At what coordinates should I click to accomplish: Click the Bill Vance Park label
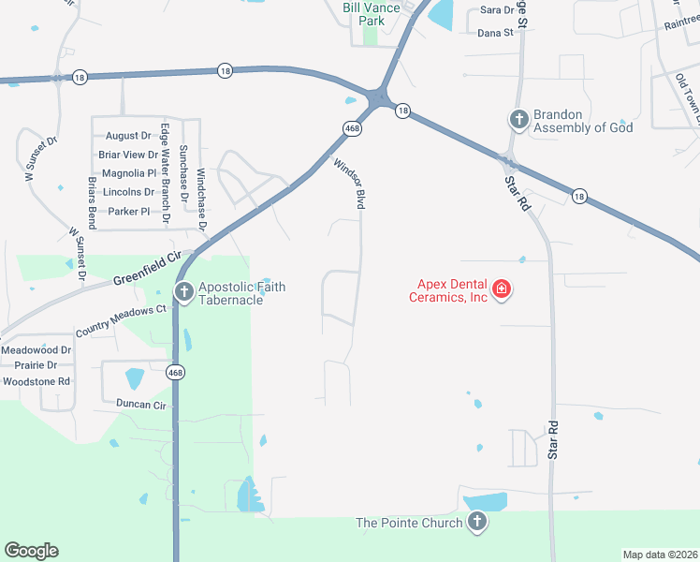pos(372,14)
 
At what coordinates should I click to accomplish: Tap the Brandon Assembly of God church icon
pos(518,119)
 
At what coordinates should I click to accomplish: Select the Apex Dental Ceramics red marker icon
pos(502,288)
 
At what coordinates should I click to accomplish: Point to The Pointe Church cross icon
pos(477,521)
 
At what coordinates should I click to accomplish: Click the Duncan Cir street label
pos(140,405)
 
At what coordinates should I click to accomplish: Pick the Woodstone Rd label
pos(36,381)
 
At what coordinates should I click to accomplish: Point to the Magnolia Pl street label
pos(128,173)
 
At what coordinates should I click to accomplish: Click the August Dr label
pos(128,136)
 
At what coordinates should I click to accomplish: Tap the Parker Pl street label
pos(128,211)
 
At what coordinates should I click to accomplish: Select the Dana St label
pos(496,32)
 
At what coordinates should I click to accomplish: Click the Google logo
pos(31,551)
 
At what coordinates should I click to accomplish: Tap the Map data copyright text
pos(660,555)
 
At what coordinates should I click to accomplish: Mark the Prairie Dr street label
pos(36,365)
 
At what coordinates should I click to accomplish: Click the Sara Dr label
pos(497,10)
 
